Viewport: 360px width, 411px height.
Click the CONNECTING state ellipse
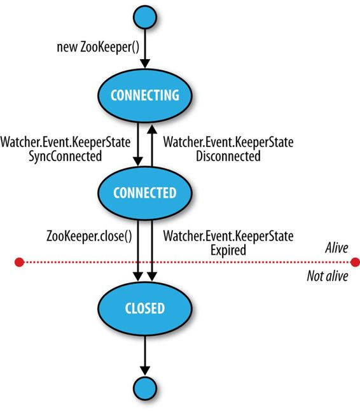click(145, 95)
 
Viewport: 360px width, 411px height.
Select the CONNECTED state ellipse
click(145, 193)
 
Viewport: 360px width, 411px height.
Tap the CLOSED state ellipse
click(145, 308)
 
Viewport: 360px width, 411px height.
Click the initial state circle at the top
click(145, 17)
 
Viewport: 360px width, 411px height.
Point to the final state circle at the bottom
click(145, 388)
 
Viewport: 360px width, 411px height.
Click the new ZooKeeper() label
click(98, 48)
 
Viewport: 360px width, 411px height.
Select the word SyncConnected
click(66, 157)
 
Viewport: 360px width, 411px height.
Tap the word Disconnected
click(228, 157)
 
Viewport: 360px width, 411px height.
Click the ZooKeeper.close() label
click(89, 236)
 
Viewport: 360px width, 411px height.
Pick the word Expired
click(228, 250)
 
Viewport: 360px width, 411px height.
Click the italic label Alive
click(336, 247)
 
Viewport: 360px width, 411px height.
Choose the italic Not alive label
click(328, 276)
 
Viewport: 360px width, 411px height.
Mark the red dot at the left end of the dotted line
click(19, 262)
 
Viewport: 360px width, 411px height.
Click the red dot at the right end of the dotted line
click(356, 262)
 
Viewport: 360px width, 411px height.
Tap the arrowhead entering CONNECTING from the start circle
click(145, 64)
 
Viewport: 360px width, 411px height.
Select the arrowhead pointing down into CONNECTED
click(138, 161)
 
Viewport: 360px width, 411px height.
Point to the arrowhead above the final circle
click(145, 371)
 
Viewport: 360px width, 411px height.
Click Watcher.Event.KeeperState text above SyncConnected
click(66, 143)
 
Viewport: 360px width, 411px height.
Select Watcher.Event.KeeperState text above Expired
click(228, 236)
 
